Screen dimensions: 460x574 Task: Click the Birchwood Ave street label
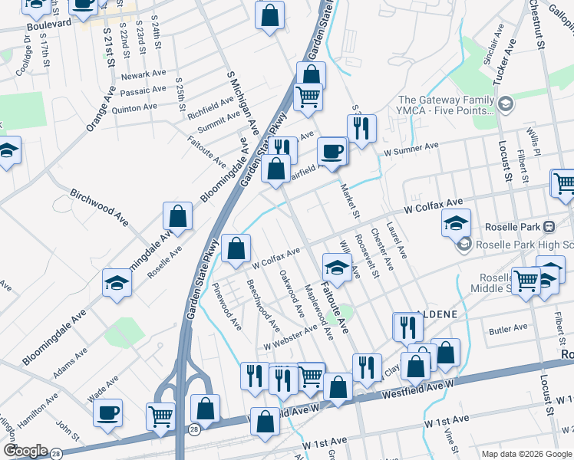pos(100,206)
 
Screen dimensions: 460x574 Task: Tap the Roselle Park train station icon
pos(549,227)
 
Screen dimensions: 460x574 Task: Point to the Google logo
pos(25,450)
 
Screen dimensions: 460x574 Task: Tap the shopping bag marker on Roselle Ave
pos(177,219)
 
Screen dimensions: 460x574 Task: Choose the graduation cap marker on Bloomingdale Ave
pos(117,283)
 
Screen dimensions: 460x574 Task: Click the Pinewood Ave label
pos(227,307)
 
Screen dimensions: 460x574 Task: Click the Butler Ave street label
pos(508,328)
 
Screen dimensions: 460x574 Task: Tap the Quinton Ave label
pos(134,108)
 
